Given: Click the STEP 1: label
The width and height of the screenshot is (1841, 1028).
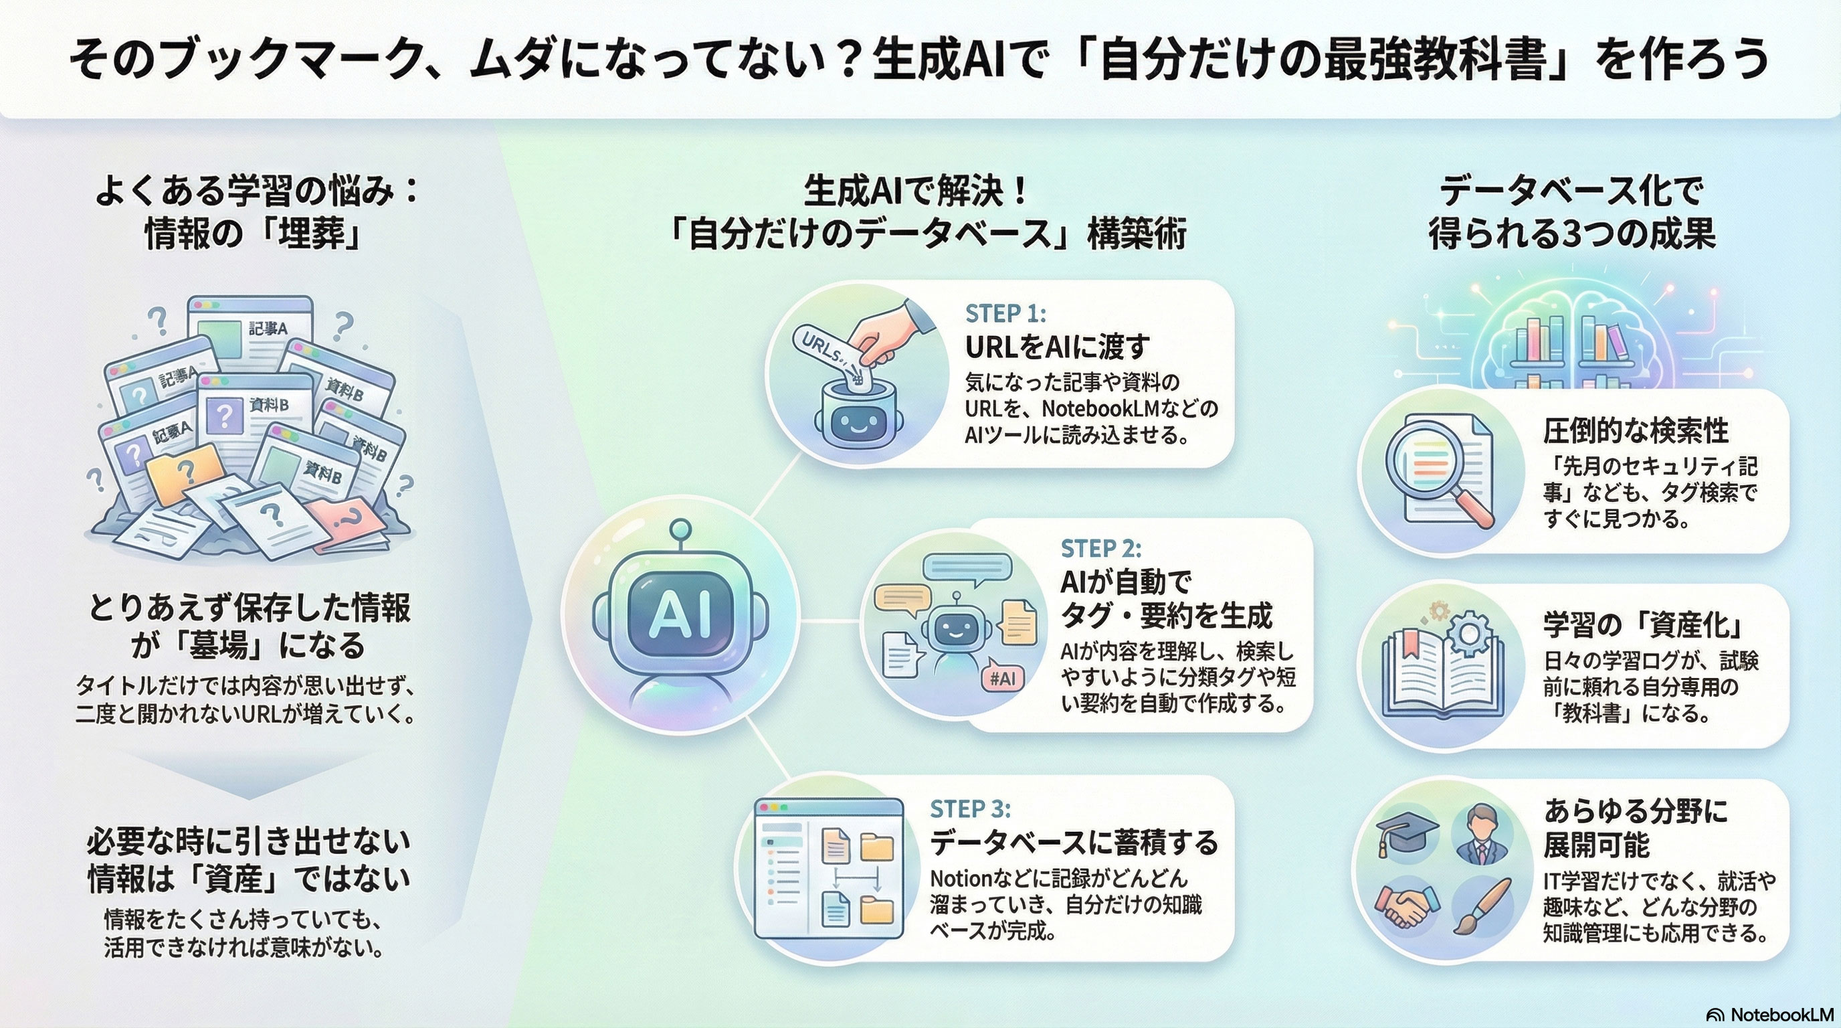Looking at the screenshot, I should tap(1005, 313).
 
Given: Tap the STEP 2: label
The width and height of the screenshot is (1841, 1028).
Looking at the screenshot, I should tap(1100, 548).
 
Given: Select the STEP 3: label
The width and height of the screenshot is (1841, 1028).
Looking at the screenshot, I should tap(970, 808).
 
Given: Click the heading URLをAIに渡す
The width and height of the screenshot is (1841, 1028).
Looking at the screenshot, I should tap(1057, 347).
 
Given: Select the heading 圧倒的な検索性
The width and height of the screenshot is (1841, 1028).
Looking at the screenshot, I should tap(1636, 430).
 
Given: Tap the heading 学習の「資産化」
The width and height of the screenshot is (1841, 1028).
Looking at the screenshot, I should tap(1643, 626).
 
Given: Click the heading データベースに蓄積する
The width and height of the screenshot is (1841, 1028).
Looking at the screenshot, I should tap(1074, 843).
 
